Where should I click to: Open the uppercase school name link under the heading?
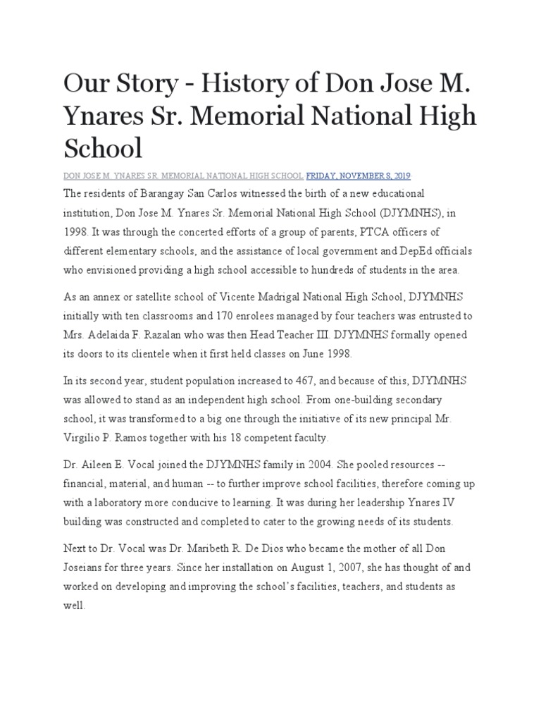184,175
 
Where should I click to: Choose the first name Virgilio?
84,437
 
